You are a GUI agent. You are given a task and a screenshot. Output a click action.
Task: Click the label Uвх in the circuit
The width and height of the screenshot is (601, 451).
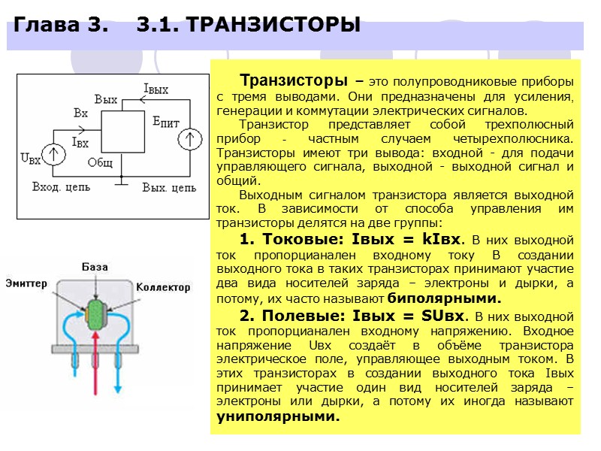[30, 159]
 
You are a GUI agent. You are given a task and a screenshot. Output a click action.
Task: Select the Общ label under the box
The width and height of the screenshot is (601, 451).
[100, 162]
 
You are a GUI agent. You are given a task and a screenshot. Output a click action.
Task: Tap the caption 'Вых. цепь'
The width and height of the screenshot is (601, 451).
[169, 186]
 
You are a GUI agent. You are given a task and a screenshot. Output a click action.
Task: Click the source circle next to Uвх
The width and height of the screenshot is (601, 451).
[54, 154]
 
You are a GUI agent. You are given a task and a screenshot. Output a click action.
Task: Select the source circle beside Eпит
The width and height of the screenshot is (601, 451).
[191, 140]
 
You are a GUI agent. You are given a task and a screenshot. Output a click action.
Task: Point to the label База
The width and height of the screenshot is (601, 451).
[95, 267]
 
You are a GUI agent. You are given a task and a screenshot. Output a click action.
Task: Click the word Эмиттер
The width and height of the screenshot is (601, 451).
[26, 283]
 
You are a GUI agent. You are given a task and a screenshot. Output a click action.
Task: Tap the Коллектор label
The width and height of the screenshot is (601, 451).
[163, 287]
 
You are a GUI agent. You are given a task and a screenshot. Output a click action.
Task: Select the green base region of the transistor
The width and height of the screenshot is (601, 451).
[96, 311]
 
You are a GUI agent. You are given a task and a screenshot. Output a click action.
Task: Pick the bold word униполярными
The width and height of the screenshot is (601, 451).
[278, 416]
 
